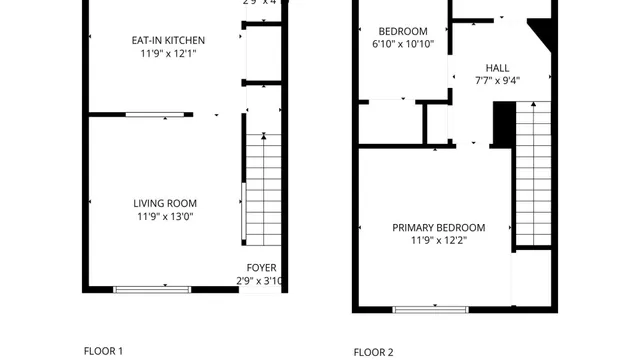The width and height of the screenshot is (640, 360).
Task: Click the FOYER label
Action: pyautogui.click(x=262, y=267)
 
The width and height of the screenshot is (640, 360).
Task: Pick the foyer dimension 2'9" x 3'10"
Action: pyautogui.click(x=262, y=281)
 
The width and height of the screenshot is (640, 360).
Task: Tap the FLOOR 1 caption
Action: pyautogui.click(x=103, y=351)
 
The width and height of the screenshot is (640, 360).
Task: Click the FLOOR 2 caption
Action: pyautogui.click(x=374, y=352)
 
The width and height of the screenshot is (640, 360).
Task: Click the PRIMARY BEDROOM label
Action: pyautogui.click(x=439, y=227)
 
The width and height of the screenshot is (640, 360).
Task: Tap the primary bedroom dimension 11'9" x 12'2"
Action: pyautogui.click(x=439, y=241)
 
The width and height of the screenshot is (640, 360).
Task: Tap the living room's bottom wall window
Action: pyautogui.click(x=152, y=290)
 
